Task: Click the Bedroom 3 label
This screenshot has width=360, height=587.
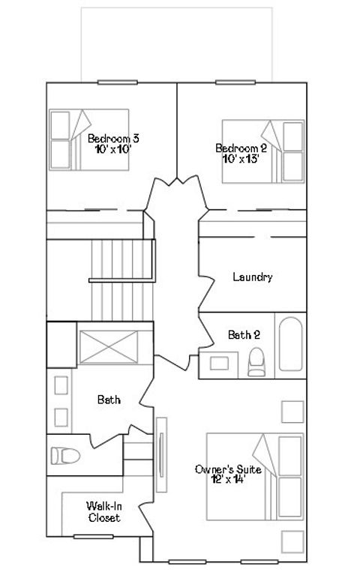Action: [113, 139]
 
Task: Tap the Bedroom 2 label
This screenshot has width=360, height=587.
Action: [241, 148]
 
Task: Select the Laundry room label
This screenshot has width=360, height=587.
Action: [252, 277]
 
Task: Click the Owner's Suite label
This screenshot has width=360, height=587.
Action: [228, 469]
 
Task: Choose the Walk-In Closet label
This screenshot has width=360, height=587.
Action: [104, 511]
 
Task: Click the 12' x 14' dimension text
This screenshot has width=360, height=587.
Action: [228, 479]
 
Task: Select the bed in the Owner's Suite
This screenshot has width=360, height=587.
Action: [255, 476]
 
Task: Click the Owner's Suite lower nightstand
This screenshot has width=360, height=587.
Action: [292, 541]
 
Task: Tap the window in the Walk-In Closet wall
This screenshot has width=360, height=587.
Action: [88, 536]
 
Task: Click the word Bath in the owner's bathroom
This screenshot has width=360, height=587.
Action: [109, 400]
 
